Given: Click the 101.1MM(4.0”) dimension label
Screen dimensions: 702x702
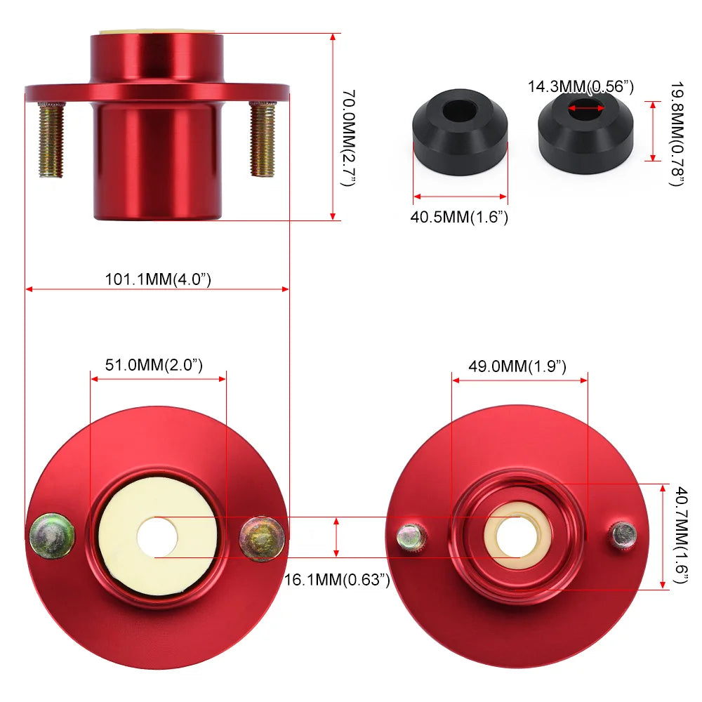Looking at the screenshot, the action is click(x=157, y=279).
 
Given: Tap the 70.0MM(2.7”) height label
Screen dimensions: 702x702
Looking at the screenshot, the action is click(x=348, y=138).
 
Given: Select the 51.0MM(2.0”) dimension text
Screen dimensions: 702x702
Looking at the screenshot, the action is click(x=154, y=365).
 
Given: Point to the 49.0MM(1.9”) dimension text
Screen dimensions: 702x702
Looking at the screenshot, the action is click(x=517, y=366).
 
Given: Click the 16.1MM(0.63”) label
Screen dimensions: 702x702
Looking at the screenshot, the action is click(x=337, y=580).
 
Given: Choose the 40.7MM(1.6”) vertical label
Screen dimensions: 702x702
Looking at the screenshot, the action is click(x=680, y=535).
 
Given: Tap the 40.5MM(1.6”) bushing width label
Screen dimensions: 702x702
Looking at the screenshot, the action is click(x=459, y=217).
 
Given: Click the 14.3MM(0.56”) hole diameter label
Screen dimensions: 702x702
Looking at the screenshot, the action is click(x=581, y=86).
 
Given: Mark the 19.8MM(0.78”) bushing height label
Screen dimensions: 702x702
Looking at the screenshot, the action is click(x=677, y=134).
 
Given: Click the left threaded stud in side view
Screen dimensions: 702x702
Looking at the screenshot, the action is click(x=51, y=140).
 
